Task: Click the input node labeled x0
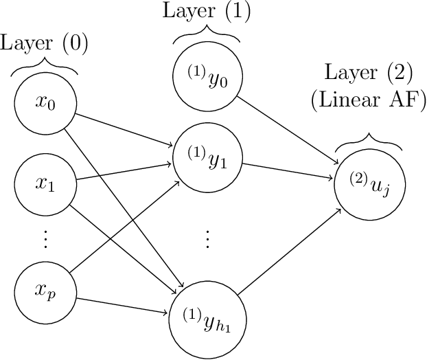45,104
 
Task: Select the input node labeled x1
45,184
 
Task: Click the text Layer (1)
207,11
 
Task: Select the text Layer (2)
368,72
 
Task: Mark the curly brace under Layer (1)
207,34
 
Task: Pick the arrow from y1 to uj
288,170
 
